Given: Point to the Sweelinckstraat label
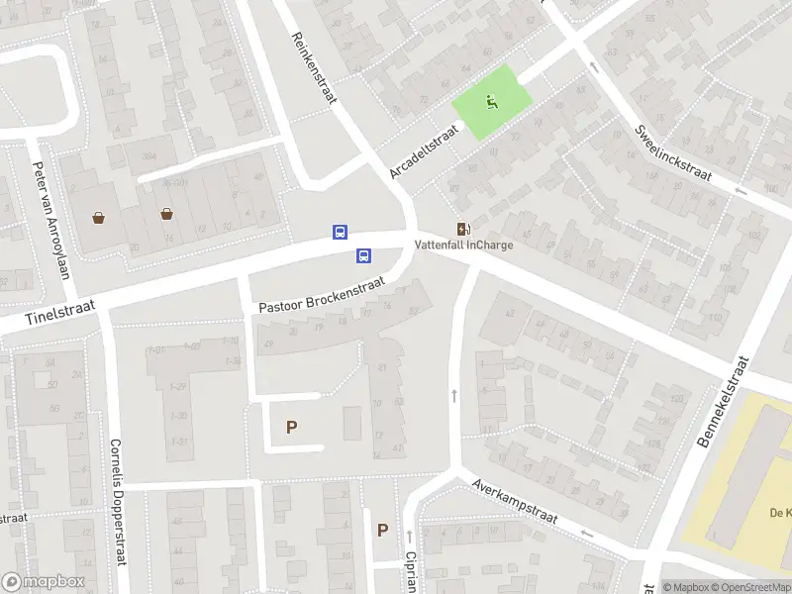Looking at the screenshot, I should [674, 151].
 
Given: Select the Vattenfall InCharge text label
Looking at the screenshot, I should [463, 246].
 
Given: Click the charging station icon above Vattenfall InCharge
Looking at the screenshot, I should [462, 229].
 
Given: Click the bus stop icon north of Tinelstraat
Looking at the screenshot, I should [340, 232].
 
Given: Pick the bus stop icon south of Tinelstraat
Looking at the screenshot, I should [363, 256].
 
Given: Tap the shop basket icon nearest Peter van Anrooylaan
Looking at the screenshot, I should [99, 217].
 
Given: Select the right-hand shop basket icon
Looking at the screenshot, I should [167, 213].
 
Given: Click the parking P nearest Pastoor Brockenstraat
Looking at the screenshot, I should [291, 427].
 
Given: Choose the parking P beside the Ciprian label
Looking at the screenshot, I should [382, 530].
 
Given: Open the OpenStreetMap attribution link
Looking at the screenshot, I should [754, 587].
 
